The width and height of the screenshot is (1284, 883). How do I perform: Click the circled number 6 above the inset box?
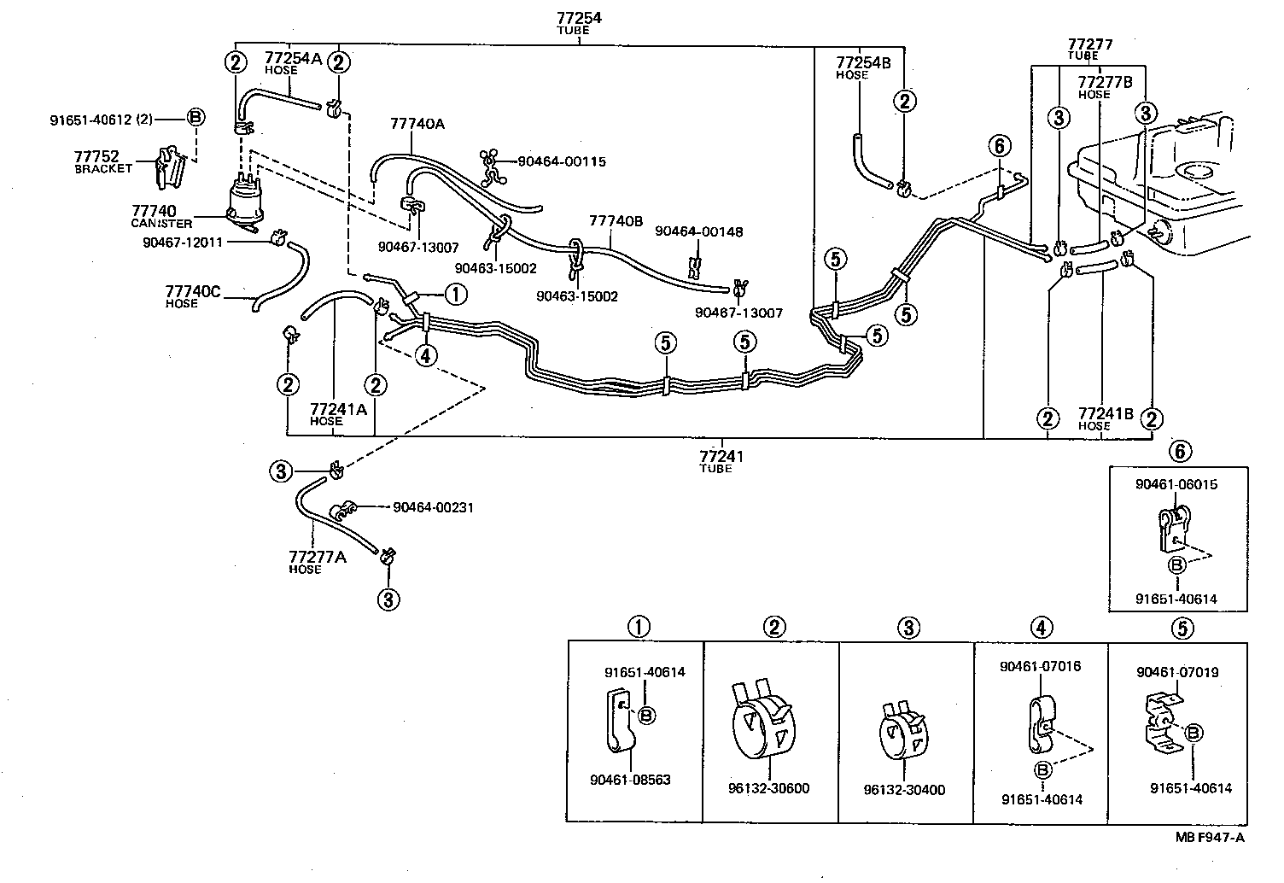tap(1181, 450)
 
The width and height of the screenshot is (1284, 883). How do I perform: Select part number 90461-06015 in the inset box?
tap(1176, 484)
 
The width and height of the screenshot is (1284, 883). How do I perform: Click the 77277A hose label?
tap(317, 558)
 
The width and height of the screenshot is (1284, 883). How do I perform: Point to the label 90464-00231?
tap(433, 507)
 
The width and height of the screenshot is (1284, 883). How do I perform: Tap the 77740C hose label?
tap(192, 292)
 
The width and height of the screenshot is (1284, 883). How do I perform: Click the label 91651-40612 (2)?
tap(101, 120)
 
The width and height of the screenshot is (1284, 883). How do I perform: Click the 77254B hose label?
tap(862, 63)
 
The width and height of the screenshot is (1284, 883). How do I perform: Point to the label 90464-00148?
tap(698, 231)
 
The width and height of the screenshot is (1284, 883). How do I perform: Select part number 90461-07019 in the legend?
tap(1176, 672)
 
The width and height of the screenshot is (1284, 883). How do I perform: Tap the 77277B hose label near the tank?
tap(1105, 83)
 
